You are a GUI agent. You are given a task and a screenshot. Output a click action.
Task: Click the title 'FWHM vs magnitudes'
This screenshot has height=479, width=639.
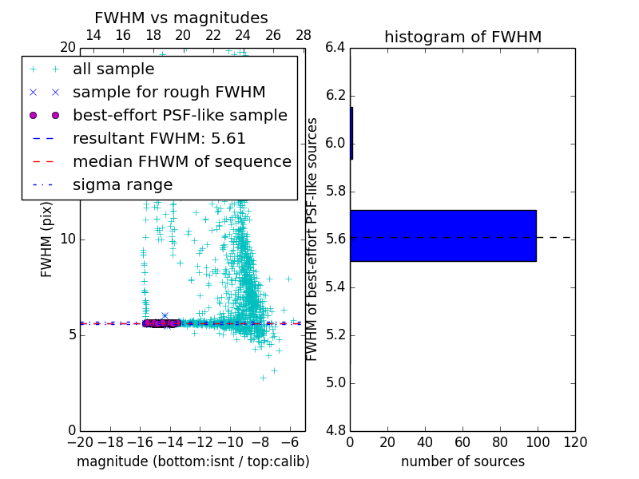[x=181, y=18]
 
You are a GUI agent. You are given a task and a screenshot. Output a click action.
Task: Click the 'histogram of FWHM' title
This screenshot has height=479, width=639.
[x=462, y=37]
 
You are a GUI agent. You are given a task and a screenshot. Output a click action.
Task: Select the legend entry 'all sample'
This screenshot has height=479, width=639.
[x=113, y=69]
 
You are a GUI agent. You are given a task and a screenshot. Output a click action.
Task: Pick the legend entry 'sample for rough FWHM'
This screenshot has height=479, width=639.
[x=169, y=93]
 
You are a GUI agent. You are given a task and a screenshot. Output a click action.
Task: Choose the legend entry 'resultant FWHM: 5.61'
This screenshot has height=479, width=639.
[x=159, y=139]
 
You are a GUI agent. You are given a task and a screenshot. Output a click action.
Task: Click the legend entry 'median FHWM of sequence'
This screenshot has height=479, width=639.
[x=181, y=162]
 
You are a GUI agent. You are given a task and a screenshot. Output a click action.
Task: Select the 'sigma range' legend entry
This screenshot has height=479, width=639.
[x=122, y=185]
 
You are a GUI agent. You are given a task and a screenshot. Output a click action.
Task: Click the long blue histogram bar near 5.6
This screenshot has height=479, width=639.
[x=443, y=236]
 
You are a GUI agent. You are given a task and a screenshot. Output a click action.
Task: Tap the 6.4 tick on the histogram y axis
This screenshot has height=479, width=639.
[x=335, y=48]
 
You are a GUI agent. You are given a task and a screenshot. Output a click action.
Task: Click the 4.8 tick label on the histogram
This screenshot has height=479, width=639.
[x=335, y=430]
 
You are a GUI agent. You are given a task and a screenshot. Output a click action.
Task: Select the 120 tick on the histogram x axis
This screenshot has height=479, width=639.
[x=574, y=442]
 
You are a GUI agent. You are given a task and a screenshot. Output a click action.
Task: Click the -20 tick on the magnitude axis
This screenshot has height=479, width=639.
[x=80, y=442]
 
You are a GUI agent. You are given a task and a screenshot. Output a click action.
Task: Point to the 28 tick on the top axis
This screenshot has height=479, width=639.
[x=304, y=35]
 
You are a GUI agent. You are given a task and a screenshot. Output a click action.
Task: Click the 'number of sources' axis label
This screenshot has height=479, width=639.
[x=462, y=461]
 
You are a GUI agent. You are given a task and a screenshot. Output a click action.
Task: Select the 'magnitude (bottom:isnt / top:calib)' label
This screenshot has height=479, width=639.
[x=192, y=461]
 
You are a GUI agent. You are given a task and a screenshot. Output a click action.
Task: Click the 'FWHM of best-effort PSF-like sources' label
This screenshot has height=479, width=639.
[x=313, y=239]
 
